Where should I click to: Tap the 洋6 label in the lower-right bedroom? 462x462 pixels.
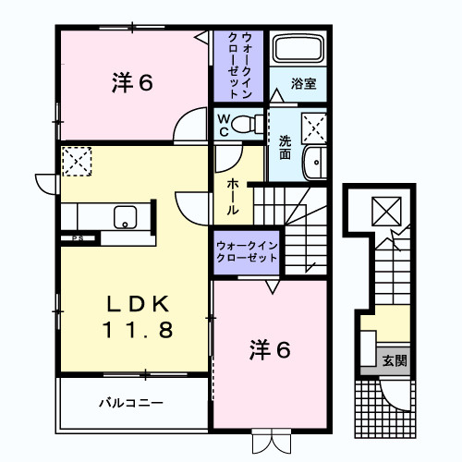(270, 349)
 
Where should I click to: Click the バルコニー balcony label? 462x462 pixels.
(131, 404)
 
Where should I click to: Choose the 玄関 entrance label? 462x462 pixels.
(395, 360)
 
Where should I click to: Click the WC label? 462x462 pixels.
(224, 124)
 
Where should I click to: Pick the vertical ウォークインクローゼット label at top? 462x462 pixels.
(240, 65)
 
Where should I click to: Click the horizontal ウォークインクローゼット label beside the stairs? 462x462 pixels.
(247, 251)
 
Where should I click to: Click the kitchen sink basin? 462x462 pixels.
(124, 218)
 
